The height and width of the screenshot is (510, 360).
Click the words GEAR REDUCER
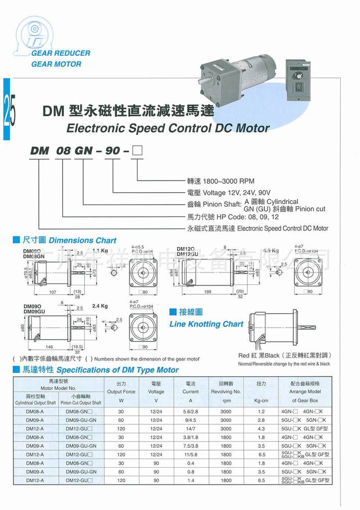click(x=60, y=53)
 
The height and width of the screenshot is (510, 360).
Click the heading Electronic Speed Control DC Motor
click(x=168, y=128)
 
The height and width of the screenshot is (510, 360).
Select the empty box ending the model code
click(x=136, y=150)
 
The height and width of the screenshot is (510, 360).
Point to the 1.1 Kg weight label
click(x=100, y=251)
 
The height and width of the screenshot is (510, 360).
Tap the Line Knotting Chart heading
click(x=206, y=324)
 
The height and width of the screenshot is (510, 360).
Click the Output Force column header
click(x=121, y=391)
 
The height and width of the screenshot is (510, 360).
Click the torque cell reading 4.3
click(x=261, y=428)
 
